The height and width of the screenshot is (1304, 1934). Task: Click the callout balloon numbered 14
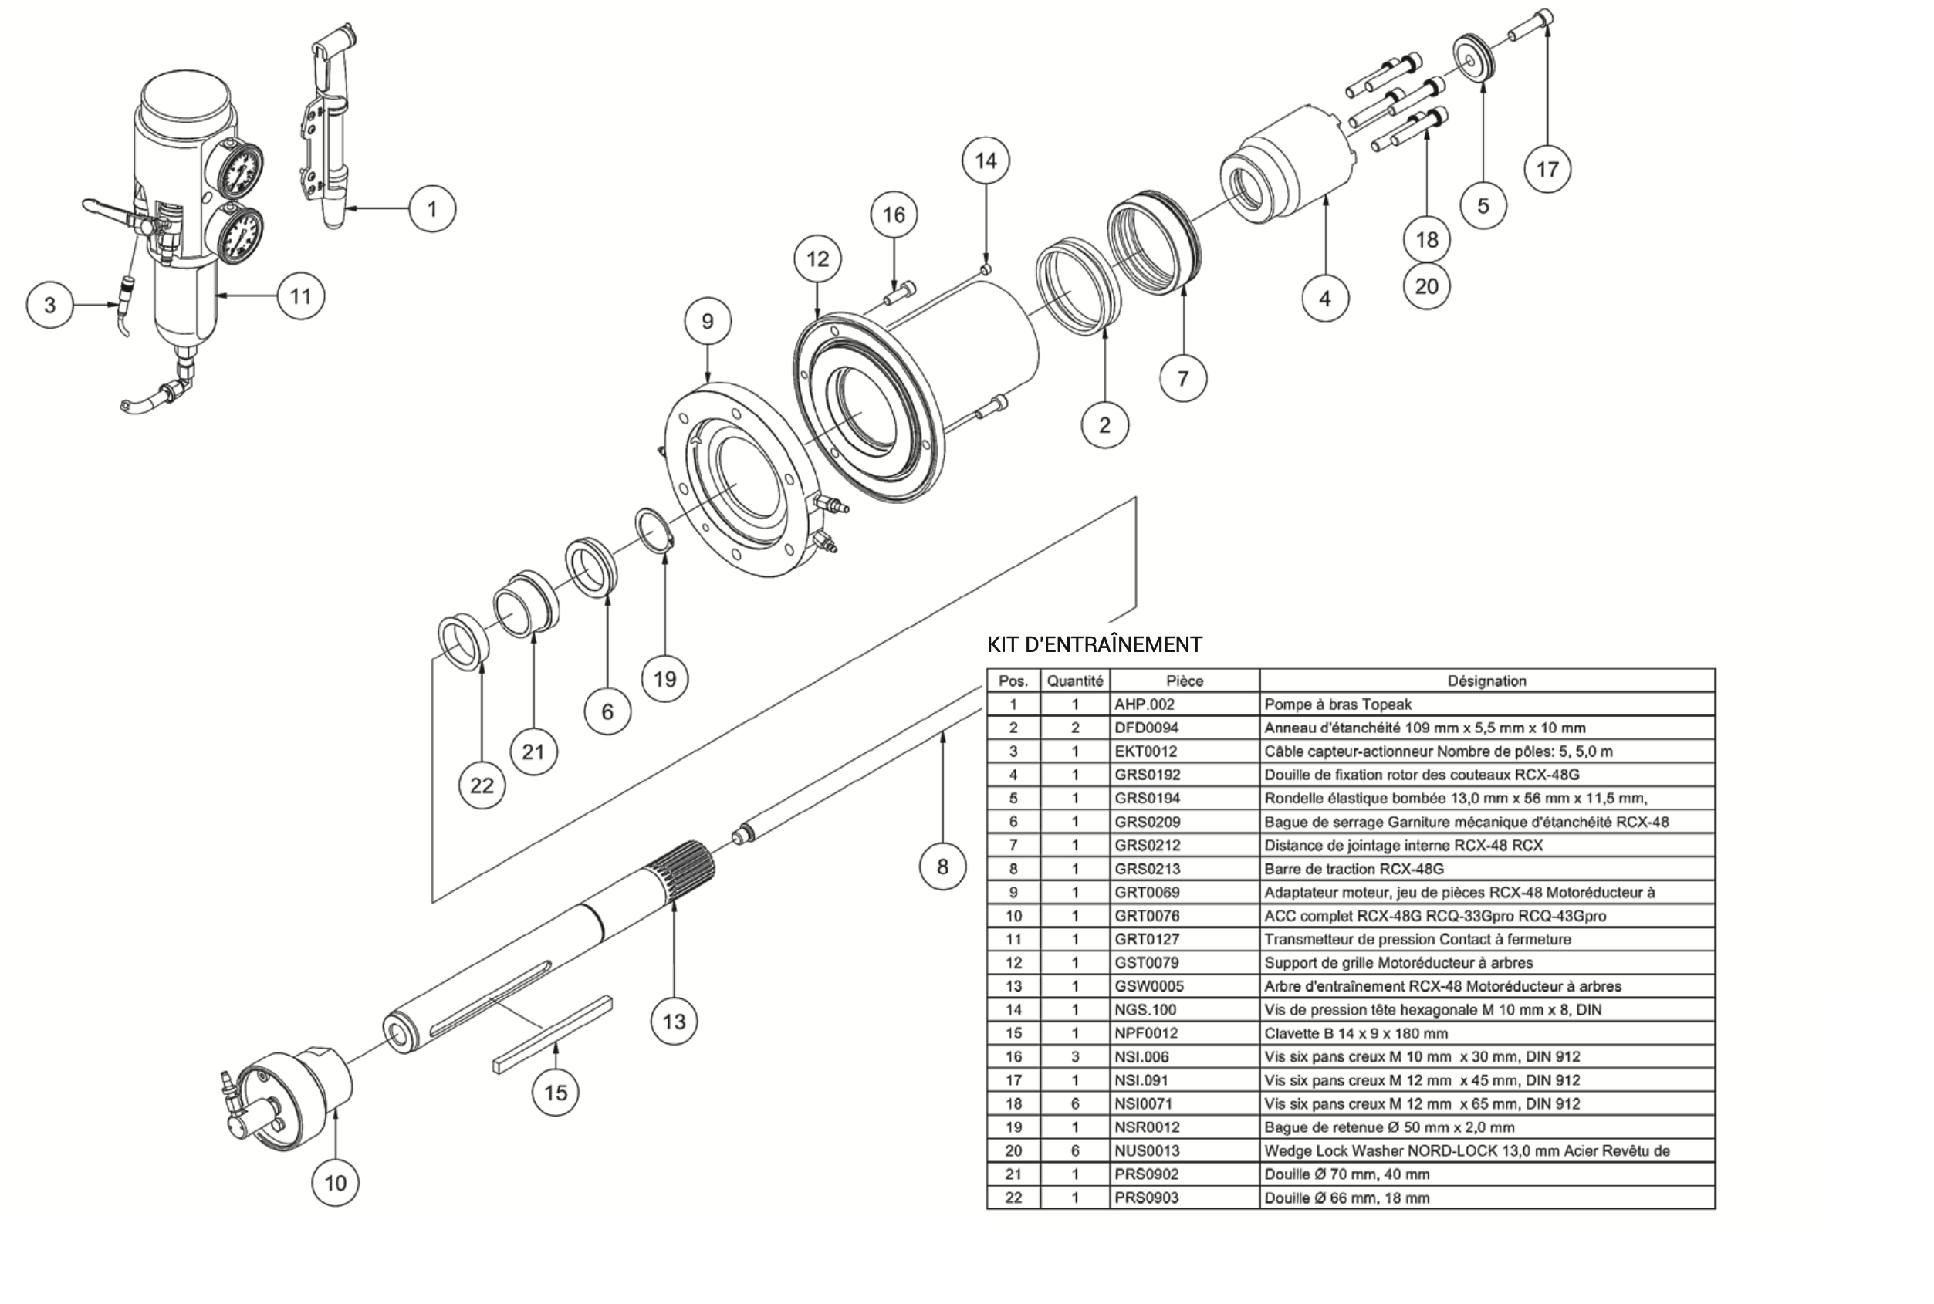[985, 160]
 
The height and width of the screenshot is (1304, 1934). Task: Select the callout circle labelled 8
[942, 867]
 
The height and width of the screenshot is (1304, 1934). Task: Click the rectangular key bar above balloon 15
[553, 1034]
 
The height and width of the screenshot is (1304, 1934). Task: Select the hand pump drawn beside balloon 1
[330, 133]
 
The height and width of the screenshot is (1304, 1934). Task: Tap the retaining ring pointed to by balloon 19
[654, 530]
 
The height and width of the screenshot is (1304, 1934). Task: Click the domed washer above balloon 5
[1476, 57]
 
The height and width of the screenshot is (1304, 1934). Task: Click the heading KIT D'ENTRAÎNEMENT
[1094, 644]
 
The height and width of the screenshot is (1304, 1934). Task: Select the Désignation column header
[1486, 681]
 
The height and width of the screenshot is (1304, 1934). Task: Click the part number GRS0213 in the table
[1147, 868]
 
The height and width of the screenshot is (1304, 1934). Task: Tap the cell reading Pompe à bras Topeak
[1337, 704]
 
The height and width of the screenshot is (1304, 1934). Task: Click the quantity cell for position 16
[1075, 1057]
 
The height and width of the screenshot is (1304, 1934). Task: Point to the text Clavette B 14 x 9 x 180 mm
[1355, 1033]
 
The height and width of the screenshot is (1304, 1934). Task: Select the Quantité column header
[1075, 681]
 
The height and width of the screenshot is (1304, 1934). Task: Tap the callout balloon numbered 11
[300, 296]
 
